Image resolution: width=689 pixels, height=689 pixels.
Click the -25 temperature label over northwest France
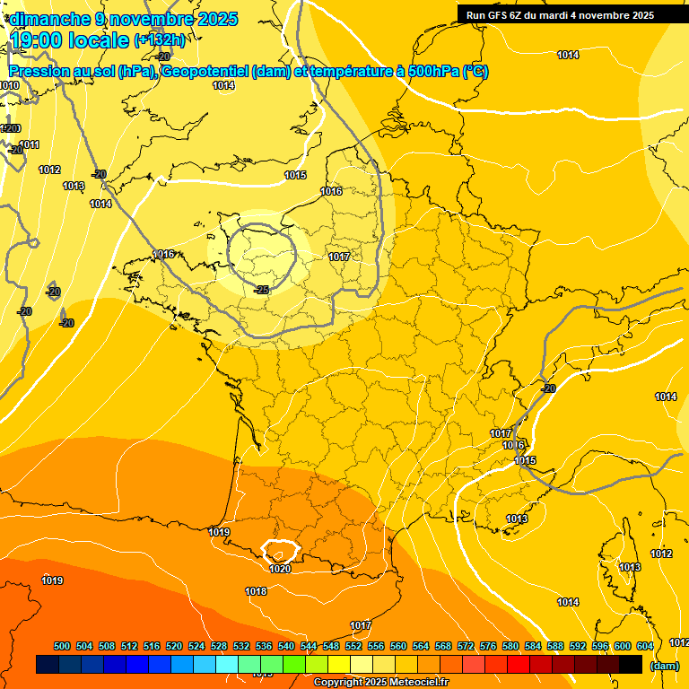[x=262, y=290]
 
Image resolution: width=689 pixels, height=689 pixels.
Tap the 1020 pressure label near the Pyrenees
[x=280, y=569]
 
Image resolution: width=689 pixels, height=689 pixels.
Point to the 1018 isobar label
[x=256, y=591]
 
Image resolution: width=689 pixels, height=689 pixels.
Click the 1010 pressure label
[x=9, y=85]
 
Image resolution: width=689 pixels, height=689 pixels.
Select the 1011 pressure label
[x=29, y=144]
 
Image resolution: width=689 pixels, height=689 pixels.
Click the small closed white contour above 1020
[x=279, y=549]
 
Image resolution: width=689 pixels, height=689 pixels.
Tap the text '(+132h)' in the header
[x=160, y=39]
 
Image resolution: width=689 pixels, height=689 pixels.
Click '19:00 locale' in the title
[x=69, y=39]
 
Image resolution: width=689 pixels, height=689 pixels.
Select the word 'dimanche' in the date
[x=48, y=18]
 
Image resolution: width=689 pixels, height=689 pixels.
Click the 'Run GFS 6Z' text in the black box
[x=494, y=15]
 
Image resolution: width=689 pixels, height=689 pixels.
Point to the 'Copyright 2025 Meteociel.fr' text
[x=380, y=683]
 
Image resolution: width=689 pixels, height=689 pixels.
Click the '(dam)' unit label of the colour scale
[x=664, y=665]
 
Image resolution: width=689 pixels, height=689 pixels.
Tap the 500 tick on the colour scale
[x=62, y=646]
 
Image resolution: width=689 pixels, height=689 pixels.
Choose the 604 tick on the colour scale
[x=645, y=646]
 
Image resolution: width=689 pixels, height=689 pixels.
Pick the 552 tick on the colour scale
[x=353, y=646]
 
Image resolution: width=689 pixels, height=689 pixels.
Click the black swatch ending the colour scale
[x=631, y=665]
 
